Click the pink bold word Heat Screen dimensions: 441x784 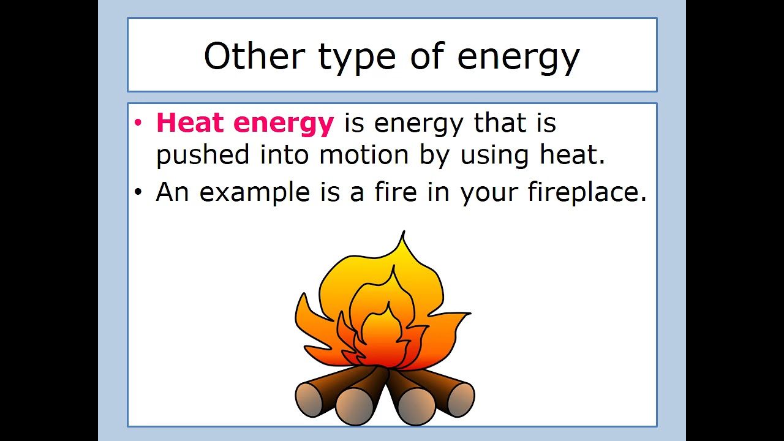point(190,123)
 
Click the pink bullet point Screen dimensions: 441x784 point(138,123)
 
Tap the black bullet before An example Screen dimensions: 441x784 point(138,192)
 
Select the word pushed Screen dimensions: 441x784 point(202,155)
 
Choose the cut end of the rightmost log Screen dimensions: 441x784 point(460,399)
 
